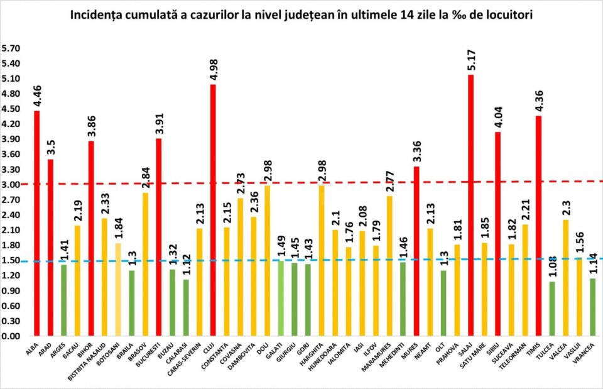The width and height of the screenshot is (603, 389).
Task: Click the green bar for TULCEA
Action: (551, 309)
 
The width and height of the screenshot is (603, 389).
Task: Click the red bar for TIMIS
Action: (538, 226)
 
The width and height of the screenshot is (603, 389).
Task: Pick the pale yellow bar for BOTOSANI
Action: (118, 290)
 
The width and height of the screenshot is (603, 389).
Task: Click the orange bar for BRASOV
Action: (145, 265)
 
